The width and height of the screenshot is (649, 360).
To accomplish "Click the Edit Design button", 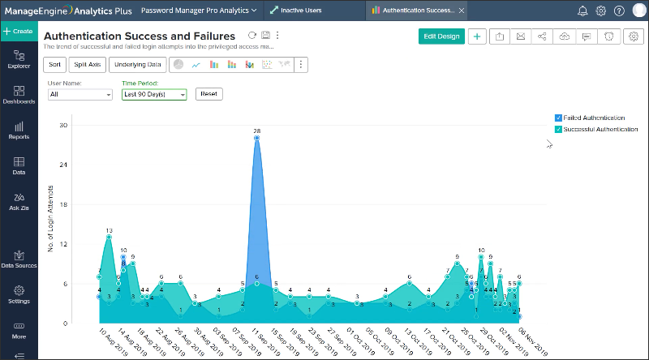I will [x=441, y=36].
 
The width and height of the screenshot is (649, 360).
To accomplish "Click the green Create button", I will [x=19, y=31].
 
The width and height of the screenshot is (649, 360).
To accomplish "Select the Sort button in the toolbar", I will [x=54, y=64].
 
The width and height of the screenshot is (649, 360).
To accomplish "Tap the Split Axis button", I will [x=88, y=64].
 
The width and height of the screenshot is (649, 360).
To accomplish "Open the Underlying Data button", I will [x=138, y=64].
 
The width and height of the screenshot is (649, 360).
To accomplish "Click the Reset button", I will [x=208, y=94].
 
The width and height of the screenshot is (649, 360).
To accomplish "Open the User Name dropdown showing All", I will [x=80, y=94].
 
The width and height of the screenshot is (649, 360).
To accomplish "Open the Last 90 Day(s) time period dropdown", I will [x=154, y=94].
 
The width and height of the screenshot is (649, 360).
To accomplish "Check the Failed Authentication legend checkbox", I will [x=557, y=118].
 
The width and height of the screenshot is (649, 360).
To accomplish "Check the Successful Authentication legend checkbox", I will [x=557, y=129].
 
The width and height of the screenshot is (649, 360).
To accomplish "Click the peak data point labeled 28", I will [x=256, y=139].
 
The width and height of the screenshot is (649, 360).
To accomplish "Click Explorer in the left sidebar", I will [x=19, y=58].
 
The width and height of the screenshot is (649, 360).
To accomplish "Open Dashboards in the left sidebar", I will [x=19, y=95].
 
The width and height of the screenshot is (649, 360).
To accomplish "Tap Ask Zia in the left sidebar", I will [x=19, y=201].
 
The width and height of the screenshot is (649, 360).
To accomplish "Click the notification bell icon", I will [x=582, y=11].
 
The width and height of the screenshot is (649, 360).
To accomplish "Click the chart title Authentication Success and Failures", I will [x=140, y=36].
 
